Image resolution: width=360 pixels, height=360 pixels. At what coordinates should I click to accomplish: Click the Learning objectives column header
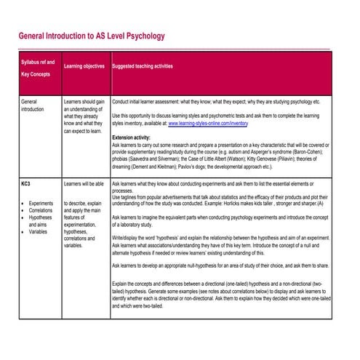pyautogui.click(x=84, y=67)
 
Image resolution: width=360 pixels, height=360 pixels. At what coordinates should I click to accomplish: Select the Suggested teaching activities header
pyautogui.click(x=143, y=67)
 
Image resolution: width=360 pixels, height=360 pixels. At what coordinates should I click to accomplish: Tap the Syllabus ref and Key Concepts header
pyautogui.click(x=37, y=67)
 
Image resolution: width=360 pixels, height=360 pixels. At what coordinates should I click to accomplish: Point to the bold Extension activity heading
pyautogui.click(x=132, y=137)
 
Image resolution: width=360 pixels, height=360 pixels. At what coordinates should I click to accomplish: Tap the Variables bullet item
pyautogui.click(x=39, y=232)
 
